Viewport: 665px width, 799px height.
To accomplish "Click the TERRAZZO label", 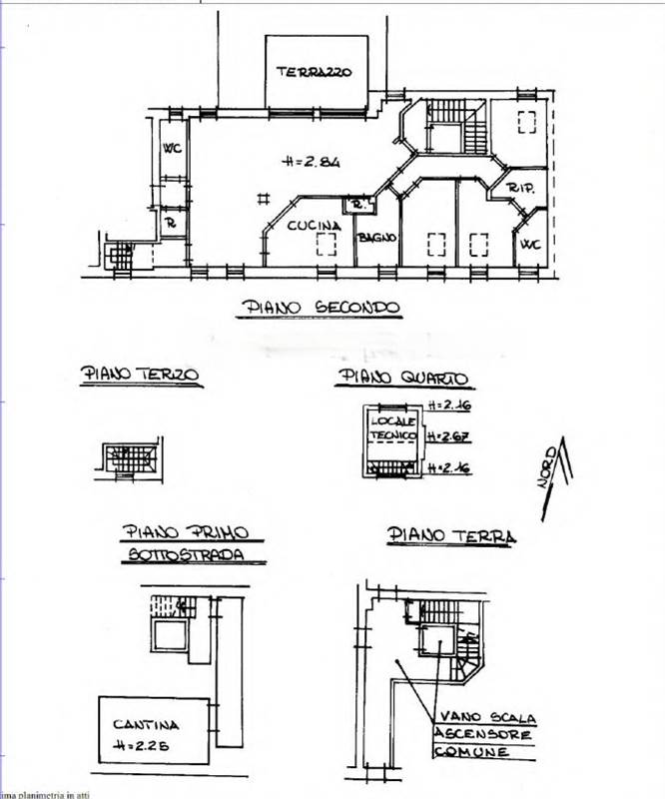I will click(x=315, y=71).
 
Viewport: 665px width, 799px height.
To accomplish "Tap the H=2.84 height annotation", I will click(x=312, y=160).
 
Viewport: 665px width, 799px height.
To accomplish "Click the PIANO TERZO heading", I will click(x=140, y=375).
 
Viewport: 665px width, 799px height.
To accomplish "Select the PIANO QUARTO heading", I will click(x=403, y=377).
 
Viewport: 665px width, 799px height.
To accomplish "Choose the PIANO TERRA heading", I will click(x=451, y=536).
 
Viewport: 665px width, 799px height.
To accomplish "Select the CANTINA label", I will click(x=146, y=725).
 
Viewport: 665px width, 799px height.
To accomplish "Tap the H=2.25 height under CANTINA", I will click(x=146, y=744).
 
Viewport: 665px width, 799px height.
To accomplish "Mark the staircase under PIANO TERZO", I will click(x=127, y=458).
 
